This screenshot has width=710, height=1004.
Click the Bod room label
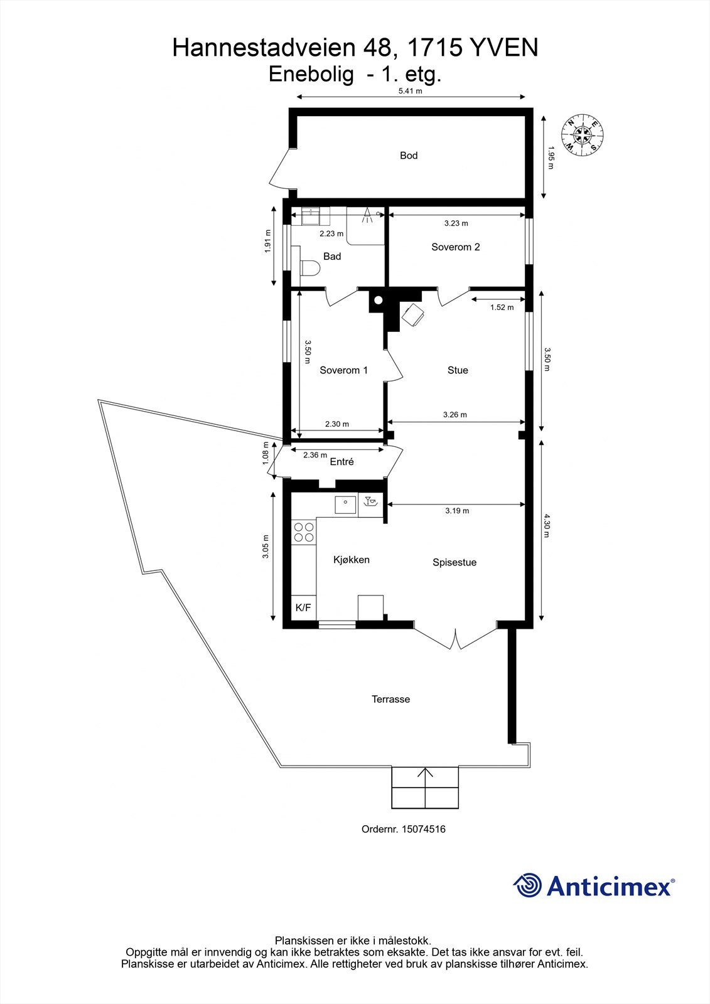(409, 156)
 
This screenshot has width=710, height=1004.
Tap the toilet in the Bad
(309, 269)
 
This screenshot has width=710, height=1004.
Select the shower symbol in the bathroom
(368, 216)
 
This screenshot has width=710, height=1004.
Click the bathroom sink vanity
(311, 216)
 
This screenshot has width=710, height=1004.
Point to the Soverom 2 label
(455, 247)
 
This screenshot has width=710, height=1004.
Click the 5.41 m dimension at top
(410, 91)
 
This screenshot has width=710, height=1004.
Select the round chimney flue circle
(378, 300)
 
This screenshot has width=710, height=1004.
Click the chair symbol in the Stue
(413, 315)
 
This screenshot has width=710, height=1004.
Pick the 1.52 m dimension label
(502, 307)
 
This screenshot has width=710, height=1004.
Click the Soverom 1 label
(343, 370)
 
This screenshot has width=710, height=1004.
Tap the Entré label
(342, 462)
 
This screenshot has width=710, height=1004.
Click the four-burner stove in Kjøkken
(304, 532)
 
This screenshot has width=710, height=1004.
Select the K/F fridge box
(303, 607)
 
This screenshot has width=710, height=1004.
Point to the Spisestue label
(455, 563)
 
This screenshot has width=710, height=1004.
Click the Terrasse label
(390, 699)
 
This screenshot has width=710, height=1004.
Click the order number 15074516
(403, 829)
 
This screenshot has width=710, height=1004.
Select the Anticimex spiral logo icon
(527, 885)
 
